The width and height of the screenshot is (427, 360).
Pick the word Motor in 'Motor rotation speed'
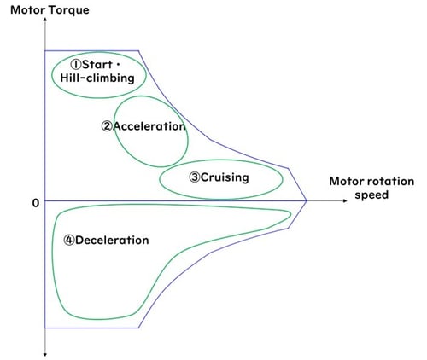(x=346, y=182)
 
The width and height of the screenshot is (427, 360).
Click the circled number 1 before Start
(x=75, y=64)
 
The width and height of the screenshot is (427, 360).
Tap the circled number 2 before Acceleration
(x=107, y=126)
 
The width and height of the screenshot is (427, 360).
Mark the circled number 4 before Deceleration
(x=69, y=240)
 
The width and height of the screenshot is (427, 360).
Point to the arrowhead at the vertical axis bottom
(x=44, y=352)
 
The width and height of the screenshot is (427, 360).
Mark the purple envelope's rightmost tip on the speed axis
(x=307, y=201)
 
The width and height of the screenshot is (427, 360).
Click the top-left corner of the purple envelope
(x=44, y=50)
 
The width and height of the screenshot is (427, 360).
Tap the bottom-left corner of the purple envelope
(x=44, y=328)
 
